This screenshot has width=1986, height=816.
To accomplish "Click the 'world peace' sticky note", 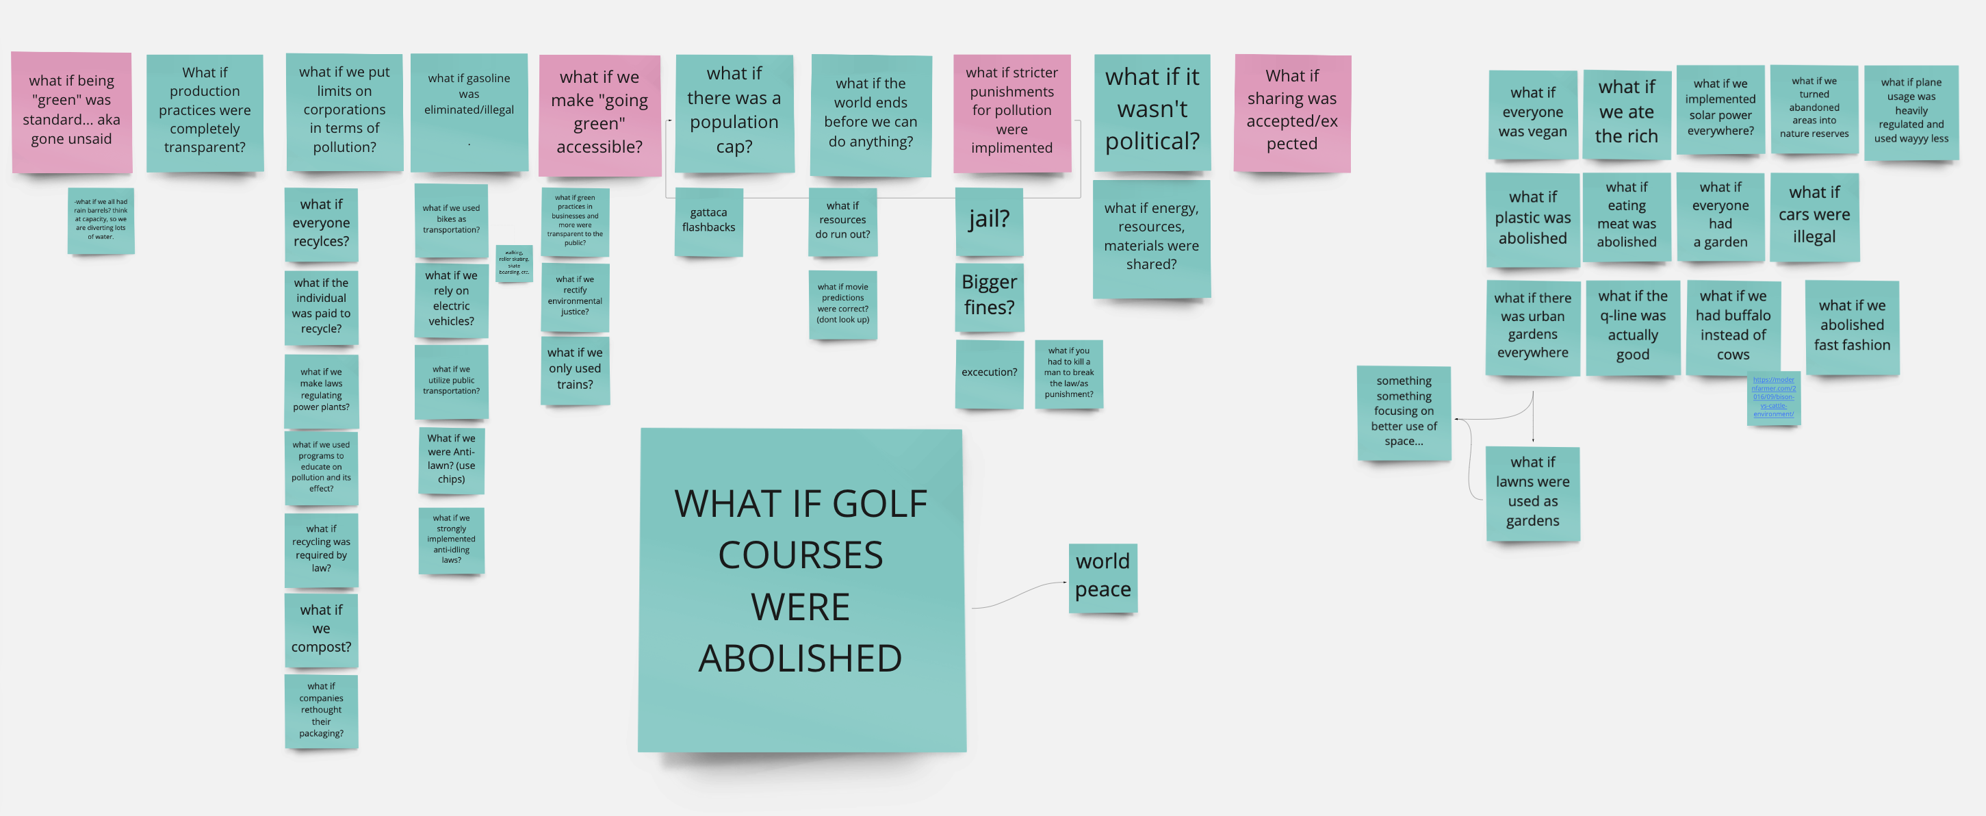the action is point(1102,576).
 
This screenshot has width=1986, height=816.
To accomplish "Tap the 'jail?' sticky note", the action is point(989,220).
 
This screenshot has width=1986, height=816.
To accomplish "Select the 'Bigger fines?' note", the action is point(989,296).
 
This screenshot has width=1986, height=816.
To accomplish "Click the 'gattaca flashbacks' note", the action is point(708,220).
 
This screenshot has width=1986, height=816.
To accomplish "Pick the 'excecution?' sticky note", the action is point(989,372).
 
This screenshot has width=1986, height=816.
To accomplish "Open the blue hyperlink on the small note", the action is point(1773,396).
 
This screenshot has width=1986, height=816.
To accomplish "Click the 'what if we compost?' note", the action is point(321,628).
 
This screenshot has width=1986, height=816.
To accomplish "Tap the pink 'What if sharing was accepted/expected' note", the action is point(1292,111).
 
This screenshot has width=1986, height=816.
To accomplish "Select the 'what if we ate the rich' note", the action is point(1626,112).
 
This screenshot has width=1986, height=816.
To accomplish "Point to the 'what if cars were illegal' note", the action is point(1814,215).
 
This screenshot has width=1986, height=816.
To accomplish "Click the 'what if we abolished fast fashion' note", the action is point(1852,327).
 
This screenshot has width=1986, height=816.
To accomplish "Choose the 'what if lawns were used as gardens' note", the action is point(1533,492).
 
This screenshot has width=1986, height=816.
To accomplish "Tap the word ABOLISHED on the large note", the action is point(800,659).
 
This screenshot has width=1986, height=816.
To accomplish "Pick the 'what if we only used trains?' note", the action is point(575,370).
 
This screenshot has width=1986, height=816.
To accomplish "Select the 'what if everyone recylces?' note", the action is point(321,224).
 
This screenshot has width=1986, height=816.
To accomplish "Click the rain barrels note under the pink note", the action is point(101,220).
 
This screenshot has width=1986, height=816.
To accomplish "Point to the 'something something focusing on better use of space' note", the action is point(1404,412).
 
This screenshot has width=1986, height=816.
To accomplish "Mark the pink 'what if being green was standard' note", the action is point(72,111).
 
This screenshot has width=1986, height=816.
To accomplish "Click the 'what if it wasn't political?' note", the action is point(1152,111).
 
